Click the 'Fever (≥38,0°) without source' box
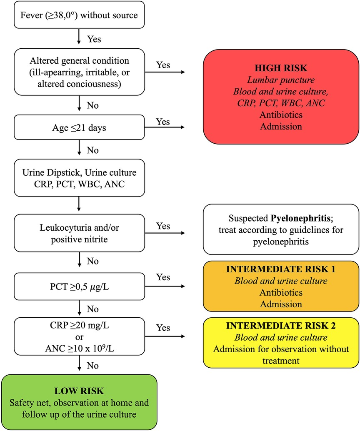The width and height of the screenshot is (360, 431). [79, 16]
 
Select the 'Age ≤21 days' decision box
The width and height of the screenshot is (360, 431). [79, 127]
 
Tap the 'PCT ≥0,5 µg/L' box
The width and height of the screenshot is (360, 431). [79, 286]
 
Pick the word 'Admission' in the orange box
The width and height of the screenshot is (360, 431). [281, 304]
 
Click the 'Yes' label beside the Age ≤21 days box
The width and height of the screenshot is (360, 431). [163, 122]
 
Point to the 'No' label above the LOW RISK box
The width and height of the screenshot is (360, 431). [93, 365]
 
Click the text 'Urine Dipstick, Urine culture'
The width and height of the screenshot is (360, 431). [79, 172]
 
